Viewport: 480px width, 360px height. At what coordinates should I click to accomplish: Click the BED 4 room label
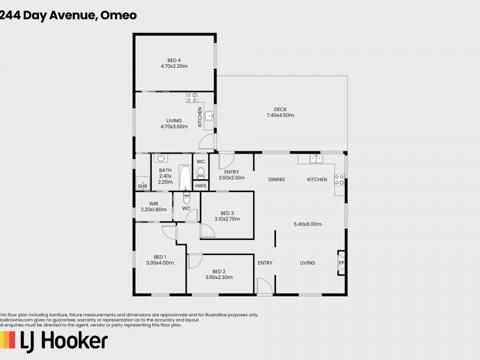(174, 59)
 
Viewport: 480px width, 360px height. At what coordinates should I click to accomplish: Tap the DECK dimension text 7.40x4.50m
(280, 115)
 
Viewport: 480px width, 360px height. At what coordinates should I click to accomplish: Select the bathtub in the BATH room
(185, 178)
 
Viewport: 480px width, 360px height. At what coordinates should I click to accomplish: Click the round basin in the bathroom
(160, 159)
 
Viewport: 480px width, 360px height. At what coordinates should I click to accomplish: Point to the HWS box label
(200, 186)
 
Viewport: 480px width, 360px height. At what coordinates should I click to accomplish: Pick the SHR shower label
(142, 187)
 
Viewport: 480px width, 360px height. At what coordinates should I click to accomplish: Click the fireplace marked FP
(341, 263)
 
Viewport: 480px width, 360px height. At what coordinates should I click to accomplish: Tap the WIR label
(154, 203)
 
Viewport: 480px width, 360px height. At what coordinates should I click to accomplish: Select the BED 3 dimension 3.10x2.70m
(227, 219)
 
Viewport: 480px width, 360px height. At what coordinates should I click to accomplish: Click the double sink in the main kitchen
(316, 160)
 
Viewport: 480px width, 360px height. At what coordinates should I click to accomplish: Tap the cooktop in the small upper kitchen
(191, 97)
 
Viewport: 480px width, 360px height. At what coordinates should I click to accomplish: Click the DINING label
(276, 179)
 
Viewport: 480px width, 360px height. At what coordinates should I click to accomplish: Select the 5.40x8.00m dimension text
(308, 224)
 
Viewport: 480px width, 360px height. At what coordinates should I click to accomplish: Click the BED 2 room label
(218, 271)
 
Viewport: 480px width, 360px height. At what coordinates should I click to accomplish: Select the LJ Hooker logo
(54, 341)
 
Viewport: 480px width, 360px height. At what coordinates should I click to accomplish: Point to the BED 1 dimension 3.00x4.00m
(160, 263)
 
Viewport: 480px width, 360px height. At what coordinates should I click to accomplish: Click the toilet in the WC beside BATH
(201, 173)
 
